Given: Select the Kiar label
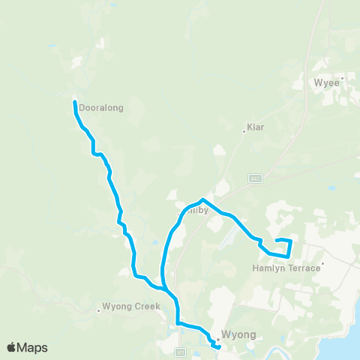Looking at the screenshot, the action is coord(257,127).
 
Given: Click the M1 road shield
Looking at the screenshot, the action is coord(180,351).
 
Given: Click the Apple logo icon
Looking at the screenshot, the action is coord(12,347).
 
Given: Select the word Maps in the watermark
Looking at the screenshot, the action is coord(34,347).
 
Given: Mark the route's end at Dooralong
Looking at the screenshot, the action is coord(74,102).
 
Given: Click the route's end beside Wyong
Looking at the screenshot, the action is coord(217,347).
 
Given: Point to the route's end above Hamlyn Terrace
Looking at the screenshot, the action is coord(277,240).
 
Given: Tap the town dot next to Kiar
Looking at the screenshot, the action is coord(244,132).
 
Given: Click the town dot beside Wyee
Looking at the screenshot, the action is coord(342,77).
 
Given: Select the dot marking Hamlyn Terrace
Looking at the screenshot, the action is coord(322,263).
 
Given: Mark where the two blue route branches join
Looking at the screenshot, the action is coord(165,288).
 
